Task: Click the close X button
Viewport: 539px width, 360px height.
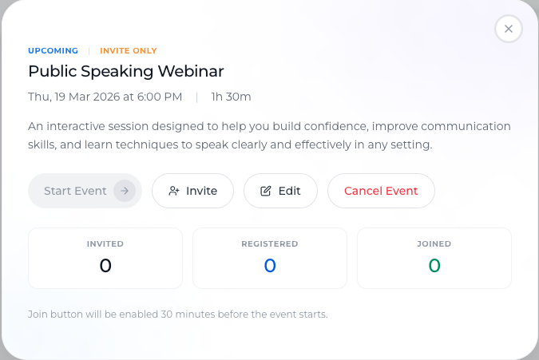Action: tap(509, 29)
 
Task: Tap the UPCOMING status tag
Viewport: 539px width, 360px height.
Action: tap(53, 51)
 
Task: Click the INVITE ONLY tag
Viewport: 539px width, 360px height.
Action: tap(129, 51)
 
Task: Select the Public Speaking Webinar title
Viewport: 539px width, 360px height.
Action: tap(126, 72)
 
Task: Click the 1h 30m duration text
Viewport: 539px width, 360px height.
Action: tap(231, 97)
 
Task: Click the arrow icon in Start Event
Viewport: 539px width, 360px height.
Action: tap(125, 191)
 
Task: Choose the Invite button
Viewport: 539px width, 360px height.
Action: tap(193, 191)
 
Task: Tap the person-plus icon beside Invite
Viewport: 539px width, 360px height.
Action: tap(174, 191)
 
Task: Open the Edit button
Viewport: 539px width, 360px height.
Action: tap(280, 191)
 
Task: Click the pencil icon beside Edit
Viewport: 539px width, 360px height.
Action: tap(266, 191)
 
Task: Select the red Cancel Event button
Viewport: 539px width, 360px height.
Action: tap(381, 191)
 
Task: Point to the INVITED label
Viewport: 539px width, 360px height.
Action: tap(105, 244)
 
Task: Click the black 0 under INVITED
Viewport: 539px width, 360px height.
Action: tap(105, 266)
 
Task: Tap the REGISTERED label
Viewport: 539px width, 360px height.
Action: tap(270, 244)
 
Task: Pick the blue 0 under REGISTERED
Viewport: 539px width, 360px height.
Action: tap(270, 266)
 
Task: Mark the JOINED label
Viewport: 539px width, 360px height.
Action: tap(434, 244)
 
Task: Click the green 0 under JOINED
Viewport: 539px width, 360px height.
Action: tap(434, 266)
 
